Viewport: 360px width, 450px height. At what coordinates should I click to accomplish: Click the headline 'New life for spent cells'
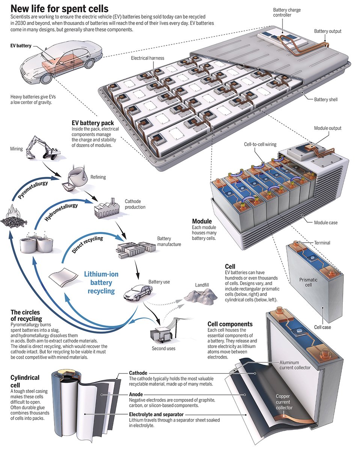[60, 9]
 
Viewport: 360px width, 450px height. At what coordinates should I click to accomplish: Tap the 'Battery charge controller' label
[287, 12]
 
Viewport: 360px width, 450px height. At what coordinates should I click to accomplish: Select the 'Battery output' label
[328, 31]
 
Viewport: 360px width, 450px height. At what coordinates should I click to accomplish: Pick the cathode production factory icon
[105, 208]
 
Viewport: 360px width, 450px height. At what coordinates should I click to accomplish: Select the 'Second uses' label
[163, 348]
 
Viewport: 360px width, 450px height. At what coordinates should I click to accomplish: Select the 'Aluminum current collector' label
[295, 365]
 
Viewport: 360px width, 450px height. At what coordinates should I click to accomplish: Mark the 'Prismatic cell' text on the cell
[308, 282]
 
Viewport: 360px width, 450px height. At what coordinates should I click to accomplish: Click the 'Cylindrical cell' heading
[25, 380]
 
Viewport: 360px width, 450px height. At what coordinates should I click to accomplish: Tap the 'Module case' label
[325, 222]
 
